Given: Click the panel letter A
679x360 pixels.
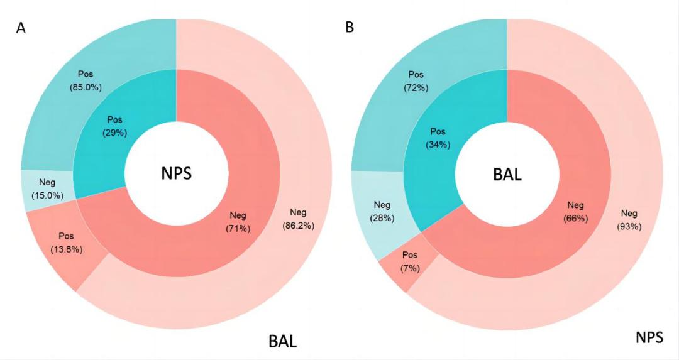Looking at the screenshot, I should click(x=21, y=30).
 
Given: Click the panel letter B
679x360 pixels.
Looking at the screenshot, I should click(x=350, y=28).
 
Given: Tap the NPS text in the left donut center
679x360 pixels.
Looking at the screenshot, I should click(x=176, y=174).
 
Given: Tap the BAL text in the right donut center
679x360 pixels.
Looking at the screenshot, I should click(x=506, y=174).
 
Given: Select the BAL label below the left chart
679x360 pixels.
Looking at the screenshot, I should click(x=282, y=342).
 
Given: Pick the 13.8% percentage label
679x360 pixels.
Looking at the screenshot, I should click(x=66, y=248).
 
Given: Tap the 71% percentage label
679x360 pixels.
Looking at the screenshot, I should click(x=238, y=228).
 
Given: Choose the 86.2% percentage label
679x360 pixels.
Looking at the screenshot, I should click(x=299, y=224).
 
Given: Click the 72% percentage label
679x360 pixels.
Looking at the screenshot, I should click(x=416, y=87).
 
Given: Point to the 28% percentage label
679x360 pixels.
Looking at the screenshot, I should click(x=382, y=218).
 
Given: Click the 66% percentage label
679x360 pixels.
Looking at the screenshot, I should click(x=576, y=218).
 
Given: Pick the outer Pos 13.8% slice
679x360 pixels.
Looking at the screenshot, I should click(x=63, y=251).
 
